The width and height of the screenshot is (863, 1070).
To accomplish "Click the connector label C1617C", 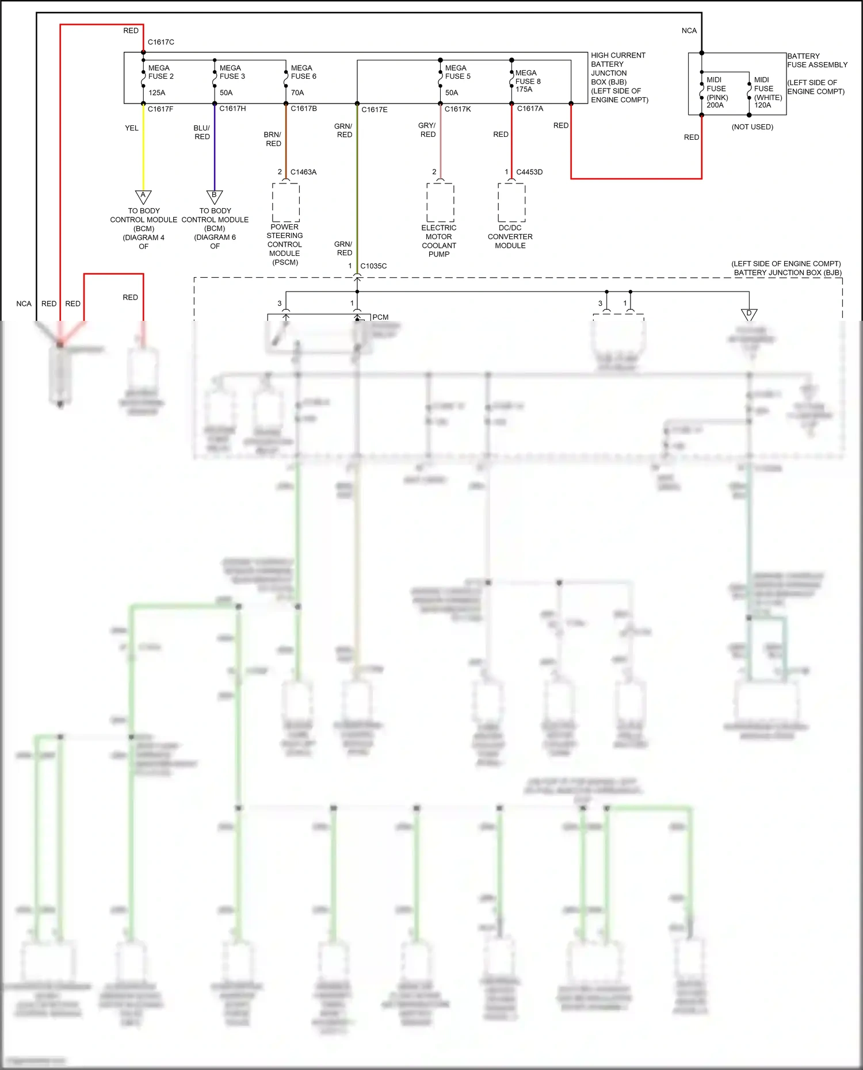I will [161, 42].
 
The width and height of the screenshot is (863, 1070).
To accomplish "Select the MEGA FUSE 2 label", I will [161, 72].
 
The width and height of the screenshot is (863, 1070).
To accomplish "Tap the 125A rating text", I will [156, 93].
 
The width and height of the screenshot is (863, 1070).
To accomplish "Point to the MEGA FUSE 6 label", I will [303, 72].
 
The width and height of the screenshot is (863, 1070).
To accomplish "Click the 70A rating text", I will [297, 93].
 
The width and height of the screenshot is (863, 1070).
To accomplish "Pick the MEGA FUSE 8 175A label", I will [528, 81].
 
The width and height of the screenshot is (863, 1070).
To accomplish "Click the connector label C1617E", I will [374, 109].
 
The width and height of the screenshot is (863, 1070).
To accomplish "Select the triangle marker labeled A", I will [143, 197].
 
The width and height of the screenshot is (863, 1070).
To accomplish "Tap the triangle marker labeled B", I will [215, 197].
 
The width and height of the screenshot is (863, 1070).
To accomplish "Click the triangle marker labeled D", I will [749, 315].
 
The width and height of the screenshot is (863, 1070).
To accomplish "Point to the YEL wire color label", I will [132, 128].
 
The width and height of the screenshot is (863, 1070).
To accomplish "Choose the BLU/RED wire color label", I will [202, 132].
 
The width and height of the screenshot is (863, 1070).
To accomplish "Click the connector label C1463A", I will [303, 172].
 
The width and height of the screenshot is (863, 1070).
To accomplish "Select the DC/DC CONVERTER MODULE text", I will [510, 236].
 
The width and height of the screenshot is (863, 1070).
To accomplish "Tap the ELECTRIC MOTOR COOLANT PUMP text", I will [439, 241].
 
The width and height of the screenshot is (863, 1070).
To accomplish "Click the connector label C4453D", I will [529, 172].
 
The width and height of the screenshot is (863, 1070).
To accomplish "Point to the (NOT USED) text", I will [752, 127].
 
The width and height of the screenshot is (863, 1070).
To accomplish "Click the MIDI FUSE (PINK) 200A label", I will [717, 93].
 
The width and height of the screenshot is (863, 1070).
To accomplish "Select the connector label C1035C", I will [373, 266].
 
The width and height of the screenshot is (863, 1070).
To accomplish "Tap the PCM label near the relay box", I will [380, 317].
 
